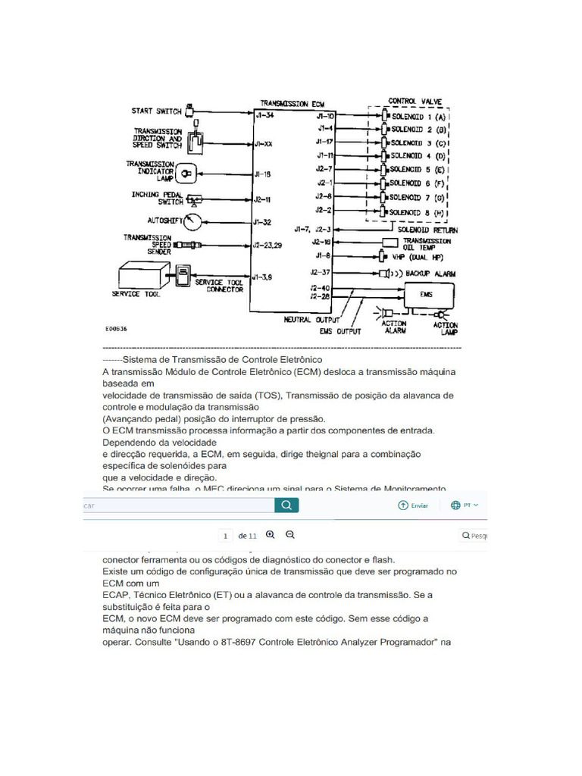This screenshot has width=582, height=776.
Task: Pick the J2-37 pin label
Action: [319, 272]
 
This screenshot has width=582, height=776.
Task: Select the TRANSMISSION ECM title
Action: [292, 102]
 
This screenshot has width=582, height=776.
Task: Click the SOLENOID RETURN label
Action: [429, 230]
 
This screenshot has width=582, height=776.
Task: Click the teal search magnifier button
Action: [286, 505]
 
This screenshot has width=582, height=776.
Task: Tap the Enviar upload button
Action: [413, 505]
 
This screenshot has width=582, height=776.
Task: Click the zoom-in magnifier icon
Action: [271, 535]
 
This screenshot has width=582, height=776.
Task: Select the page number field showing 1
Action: [225, 536]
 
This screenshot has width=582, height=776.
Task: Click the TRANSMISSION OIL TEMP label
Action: [427, 242]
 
